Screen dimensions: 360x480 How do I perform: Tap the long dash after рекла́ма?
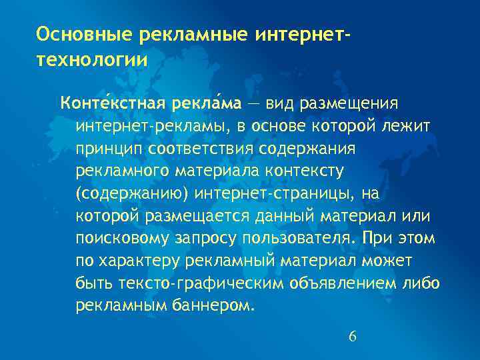(x=255, y=104)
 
